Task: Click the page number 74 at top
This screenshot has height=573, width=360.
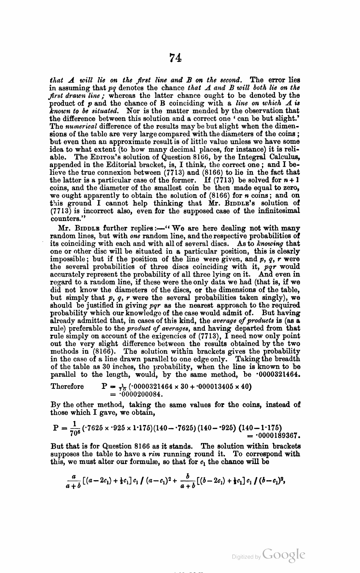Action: point(175,58)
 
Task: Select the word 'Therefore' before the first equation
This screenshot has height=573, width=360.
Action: point(67,386)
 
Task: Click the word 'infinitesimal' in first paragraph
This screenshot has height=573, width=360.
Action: point(279,211)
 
